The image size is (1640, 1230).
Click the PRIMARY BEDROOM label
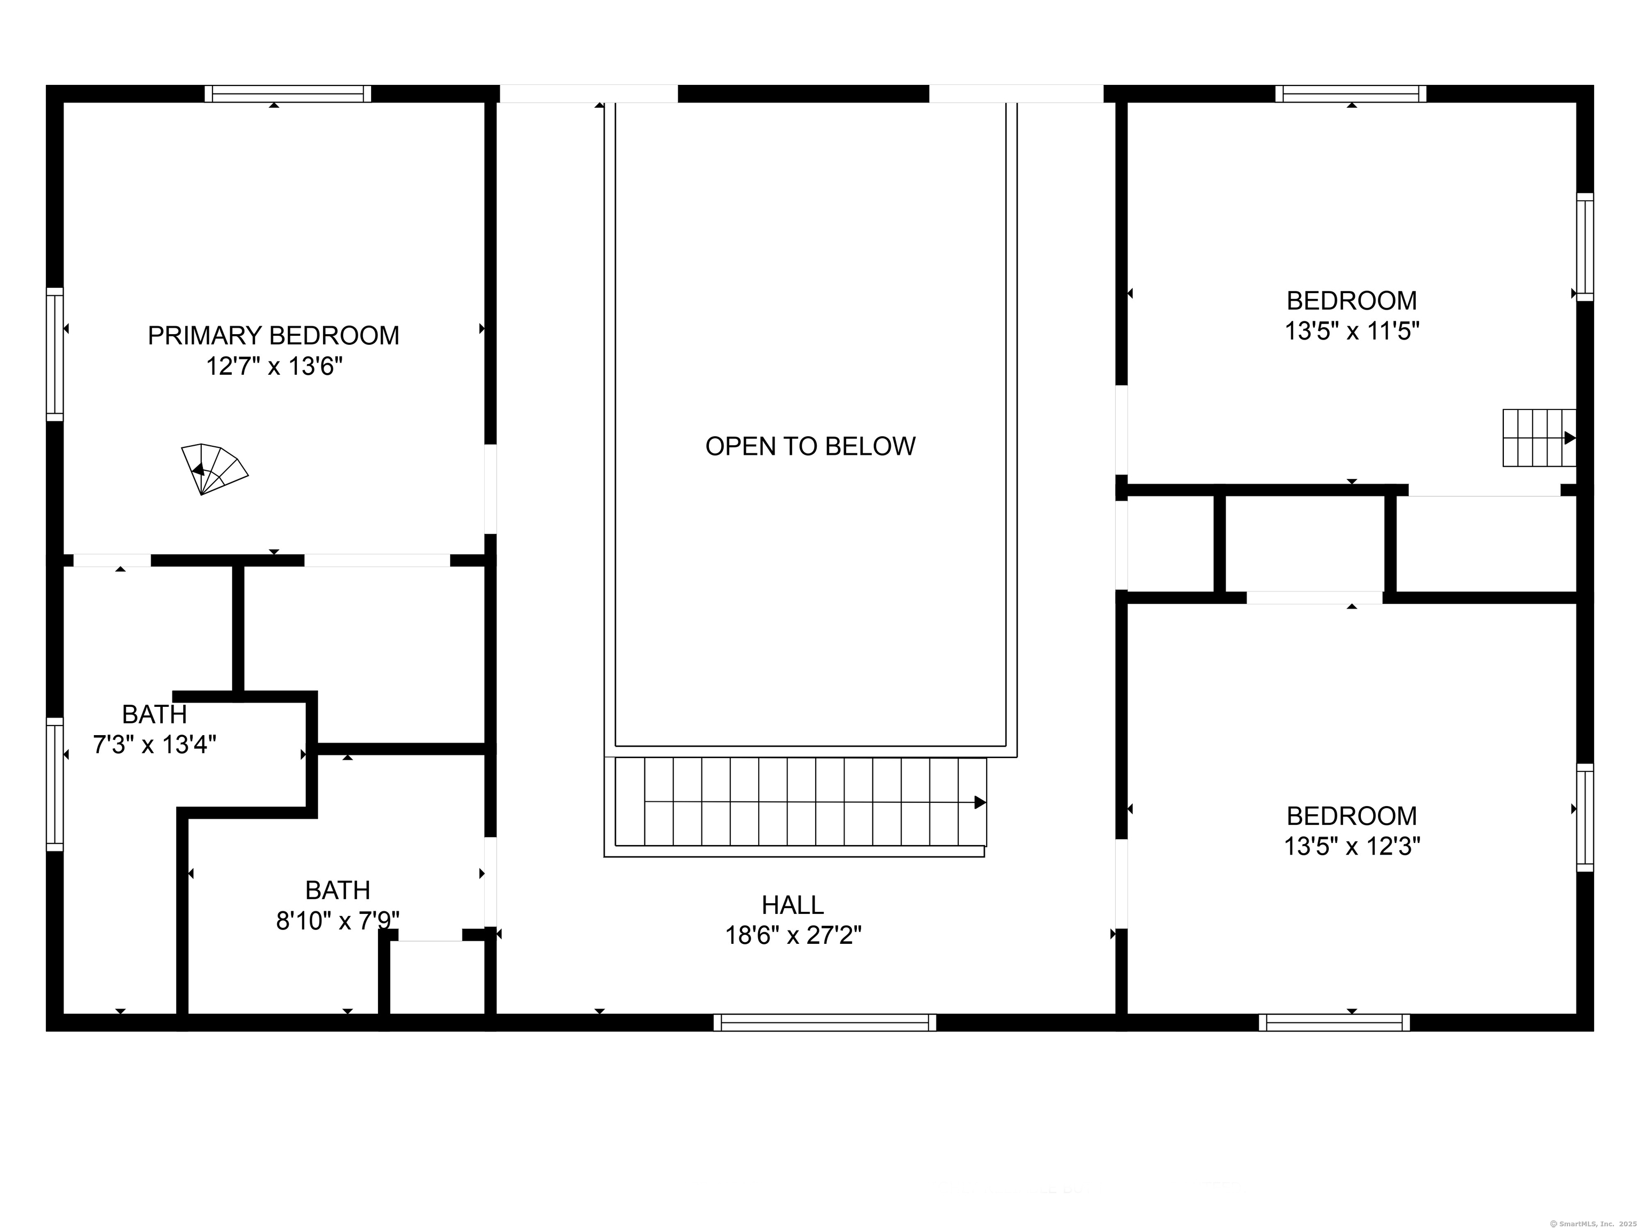point(273,336)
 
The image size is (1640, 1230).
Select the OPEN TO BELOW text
point(810,446)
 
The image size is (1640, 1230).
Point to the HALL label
point(793,905)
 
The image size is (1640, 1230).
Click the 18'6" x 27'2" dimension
point(793,936)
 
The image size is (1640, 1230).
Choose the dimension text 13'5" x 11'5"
point(1352,330)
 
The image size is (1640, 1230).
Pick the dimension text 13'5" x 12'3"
point(1352,846)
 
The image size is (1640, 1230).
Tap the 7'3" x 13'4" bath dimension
point(154,744)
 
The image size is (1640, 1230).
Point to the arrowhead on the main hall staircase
point(980,802)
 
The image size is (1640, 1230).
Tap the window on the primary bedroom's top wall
point(288,93)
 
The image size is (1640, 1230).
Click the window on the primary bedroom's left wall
point(55,354)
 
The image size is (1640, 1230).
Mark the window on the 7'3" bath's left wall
point(55,784)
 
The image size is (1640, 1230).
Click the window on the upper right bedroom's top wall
point(1351,93)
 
